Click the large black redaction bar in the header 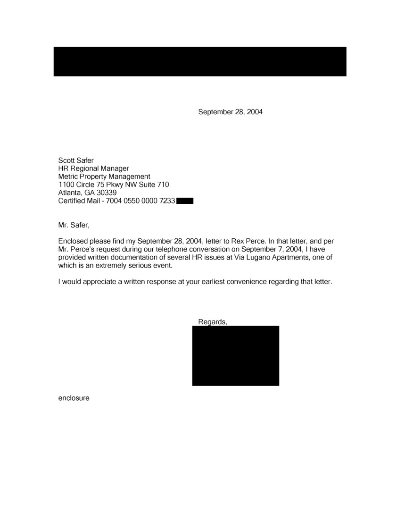200,61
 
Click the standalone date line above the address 230,112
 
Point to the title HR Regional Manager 93,169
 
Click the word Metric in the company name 68,177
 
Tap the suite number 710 163,185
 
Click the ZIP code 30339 107,193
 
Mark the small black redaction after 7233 185,201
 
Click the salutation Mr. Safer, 73,225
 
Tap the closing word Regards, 213,322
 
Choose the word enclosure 74,398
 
